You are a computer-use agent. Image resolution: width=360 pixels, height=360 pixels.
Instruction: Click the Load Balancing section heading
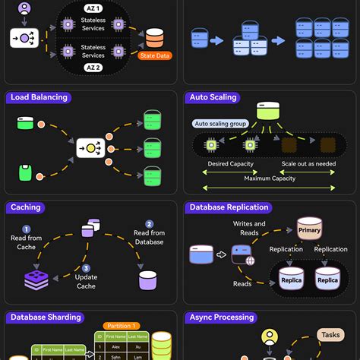pos(39,97)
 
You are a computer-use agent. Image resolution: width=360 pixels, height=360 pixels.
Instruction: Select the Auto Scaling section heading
pos(213,97)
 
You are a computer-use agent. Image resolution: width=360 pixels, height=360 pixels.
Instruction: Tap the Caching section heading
pos(26,207)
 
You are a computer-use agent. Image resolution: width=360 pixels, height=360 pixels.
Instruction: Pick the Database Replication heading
pos(229,207)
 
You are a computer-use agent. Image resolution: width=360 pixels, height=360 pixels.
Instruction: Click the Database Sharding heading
pos(45,317)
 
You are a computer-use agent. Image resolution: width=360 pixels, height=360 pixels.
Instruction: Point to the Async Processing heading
pos(223,317)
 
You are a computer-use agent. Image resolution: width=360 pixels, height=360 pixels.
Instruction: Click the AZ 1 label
pos(93,8)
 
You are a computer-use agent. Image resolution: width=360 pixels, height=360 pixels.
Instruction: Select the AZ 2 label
pos(93,68)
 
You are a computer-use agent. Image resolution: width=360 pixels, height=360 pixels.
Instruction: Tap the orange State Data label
pos(154,55)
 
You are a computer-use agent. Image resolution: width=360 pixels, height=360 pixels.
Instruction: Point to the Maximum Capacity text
pos(270,178)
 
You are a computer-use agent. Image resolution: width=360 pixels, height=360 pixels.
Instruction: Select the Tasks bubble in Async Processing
pos(330,335)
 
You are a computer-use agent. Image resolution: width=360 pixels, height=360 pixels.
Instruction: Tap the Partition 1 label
pos(122,325)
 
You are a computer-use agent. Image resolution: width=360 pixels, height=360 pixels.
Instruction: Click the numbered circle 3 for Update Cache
pos(86,268)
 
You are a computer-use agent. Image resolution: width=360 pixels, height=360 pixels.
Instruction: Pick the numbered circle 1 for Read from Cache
pos(26,229)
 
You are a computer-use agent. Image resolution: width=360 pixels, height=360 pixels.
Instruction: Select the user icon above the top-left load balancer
pos(24,10)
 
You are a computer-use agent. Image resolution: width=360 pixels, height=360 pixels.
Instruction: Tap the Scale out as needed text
pos(308,163)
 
